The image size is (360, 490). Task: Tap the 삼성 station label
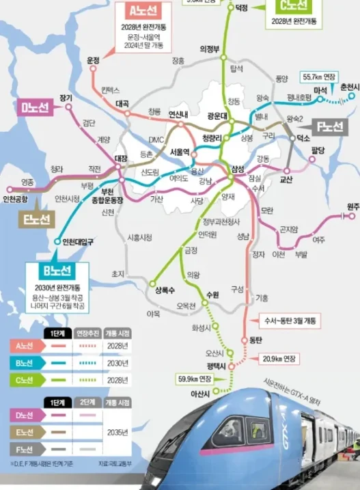[x=237, y=167]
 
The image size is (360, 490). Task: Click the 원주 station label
[x=352, y=206]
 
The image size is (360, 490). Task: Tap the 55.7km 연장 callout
[x=319, y=77]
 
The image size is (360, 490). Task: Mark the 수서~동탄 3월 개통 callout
[x=290, y=320]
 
